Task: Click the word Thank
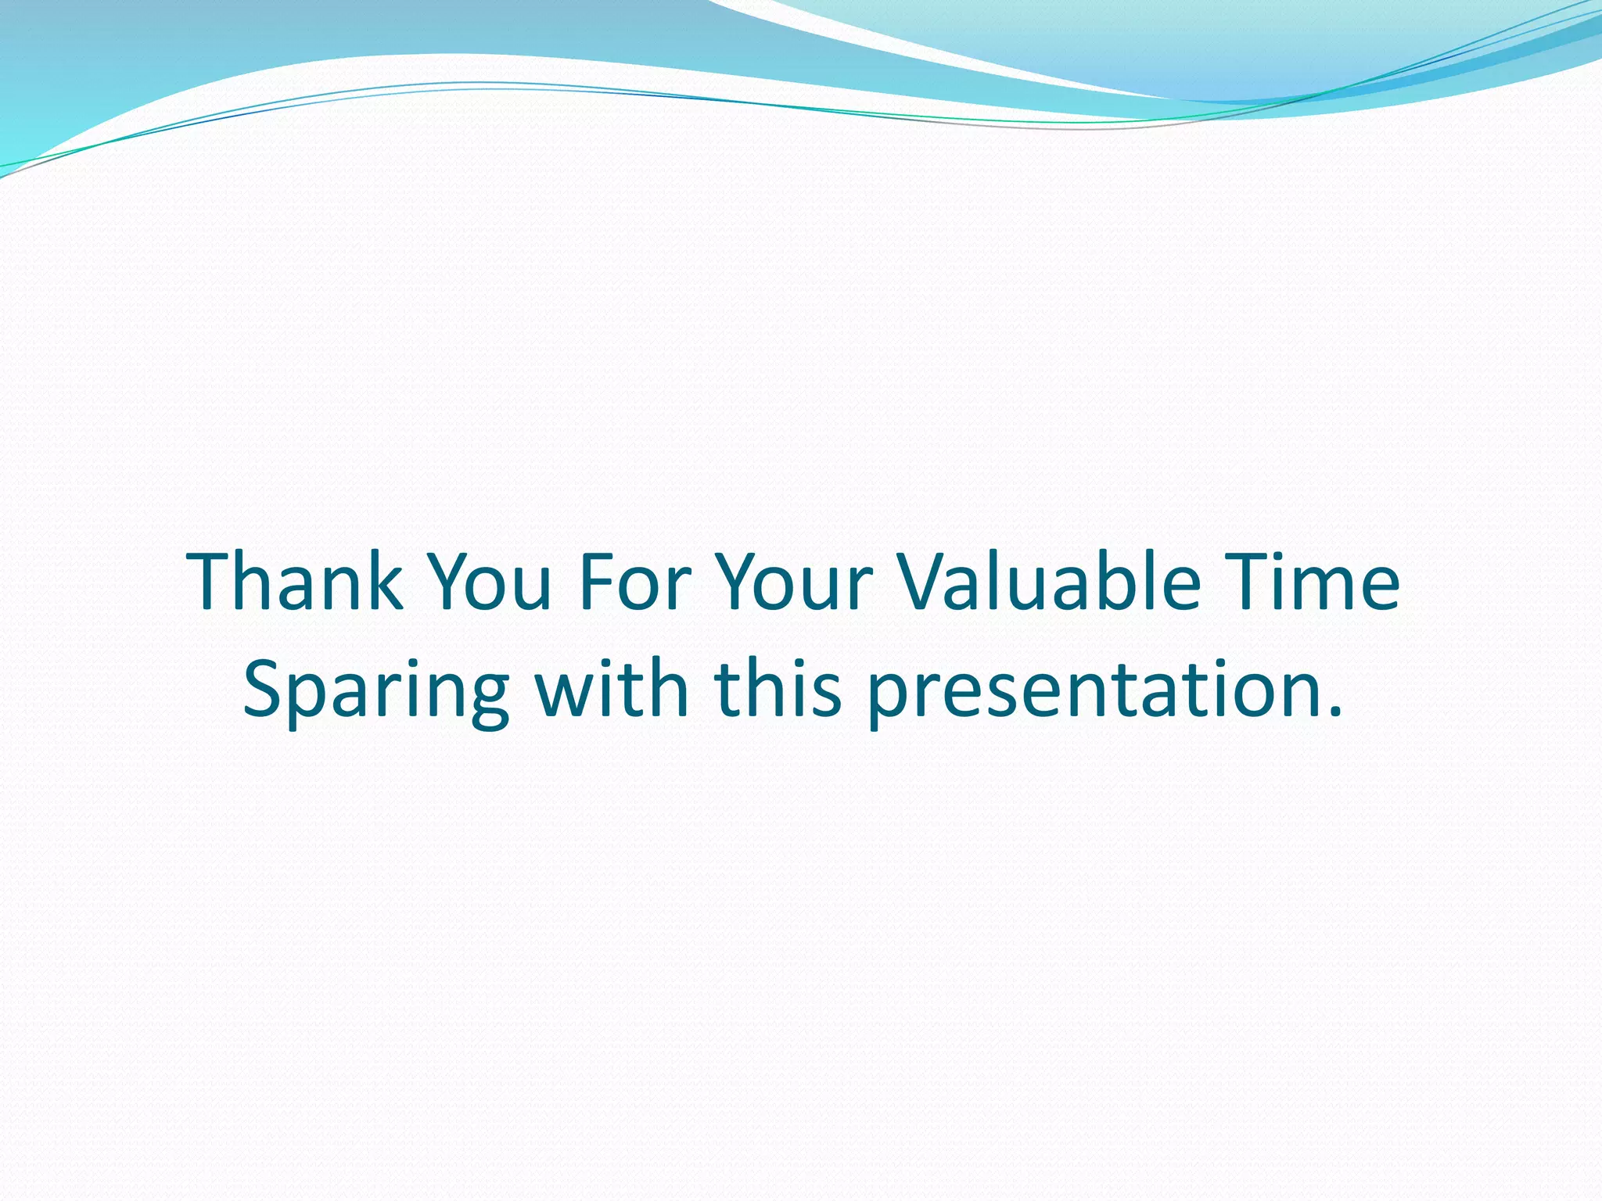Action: point(295,582)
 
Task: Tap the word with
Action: point(611,688)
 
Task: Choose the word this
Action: point(778,688)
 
